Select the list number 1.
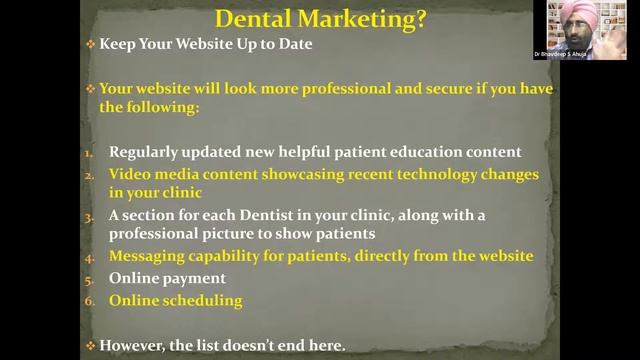[x=88, y=153]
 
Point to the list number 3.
[x=88, y=216]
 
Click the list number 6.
[x=88, y=300]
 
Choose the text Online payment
[x=167, y=278]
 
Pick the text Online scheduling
[x=175, y=300]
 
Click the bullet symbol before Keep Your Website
[x=89, y=45]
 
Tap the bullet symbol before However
[x=89, y=345]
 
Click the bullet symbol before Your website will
[x=89, y=88]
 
